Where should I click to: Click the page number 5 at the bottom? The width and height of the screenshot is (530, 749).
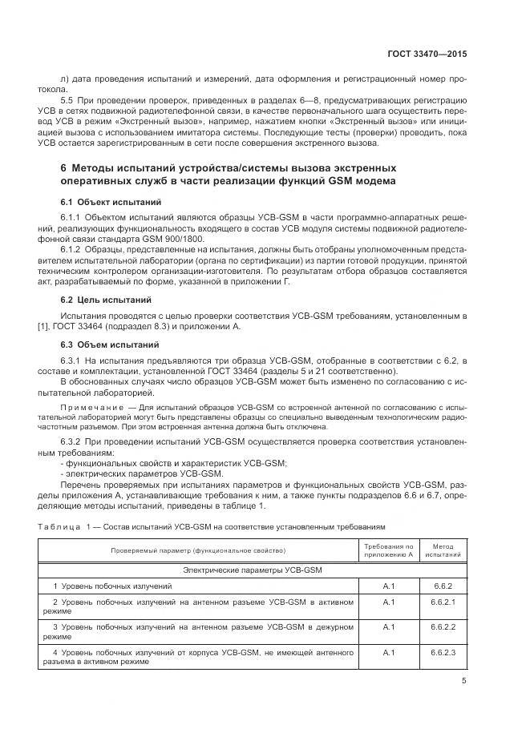tap(464, 682)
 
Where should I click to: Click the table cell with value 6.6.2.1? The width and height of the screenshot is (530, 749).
tap(443, 601)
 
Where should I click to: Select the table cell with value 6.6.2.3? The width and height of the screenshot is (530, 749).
tap(443, 652)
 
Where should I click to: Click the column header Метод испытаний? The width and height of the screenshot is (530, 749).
tap(443, 550)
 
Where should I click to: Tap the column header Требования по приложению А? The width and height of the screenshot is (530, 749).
tap(389, 550)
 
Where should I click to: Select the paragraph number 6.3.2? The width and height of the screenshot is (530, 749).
tap(73, 442)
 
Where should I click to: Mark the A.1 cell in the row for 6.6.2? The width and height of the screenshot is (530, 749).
tap(389, 586)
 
